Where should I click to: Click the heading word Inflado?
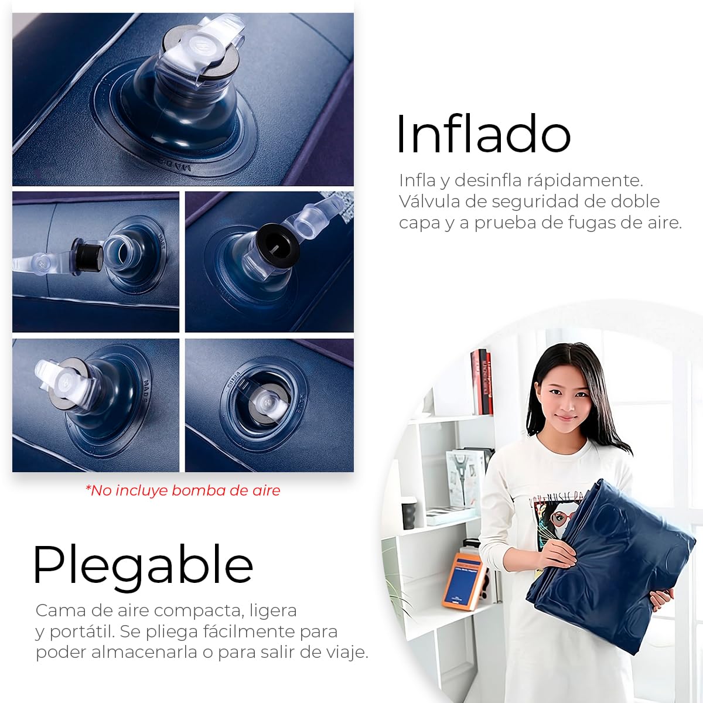483,134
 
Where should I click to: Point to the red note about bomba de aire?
183,491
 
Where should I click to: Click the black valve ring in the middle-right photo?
275,242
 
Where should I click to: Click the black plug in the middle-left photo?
87,256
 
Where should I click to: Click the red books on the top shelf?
482,382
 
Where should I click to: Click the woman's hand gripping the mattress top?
558,555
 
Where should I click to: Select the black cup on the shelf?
409,513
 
